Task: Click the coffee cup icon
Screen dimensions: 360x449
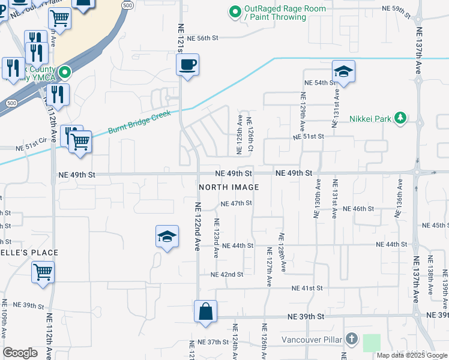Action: pyautogui.click(x=188, y=64)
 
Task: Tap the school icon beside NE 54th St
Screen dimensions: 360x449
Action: pyautogui.click(x=343, y=71)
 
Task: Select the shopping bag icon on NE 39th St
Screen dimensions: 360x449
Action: pyautogui.click(x=205, y=311)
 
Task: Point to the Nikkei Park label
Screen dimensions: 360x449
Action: pyautogui.click(x=370, y=118)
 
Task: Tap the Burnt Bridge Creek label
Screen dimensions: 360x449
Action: pyautogui.click(x=139, y=122)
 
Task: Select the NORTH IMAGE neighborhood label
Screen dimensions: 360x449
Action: pyautogui.click(x=229, y=187)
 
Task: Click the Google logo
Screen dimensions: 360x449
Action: pyautogui.click(x=20, y=353)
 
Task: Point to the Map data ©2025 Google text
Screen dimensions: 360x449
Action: pyautogui.click(x=411, y=355)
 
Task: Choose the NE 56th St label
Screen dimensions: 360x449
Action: pyautogui.click(x=201, y=38)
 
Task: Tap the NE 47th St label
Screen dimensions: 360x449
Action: pyautogui.click(x=236, y=203)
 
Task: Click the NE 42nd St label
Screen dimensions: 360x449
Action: pyautogui.click(x=227, y=274)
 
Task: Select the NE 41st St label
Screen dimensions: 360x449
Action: pyautogui.click(x=307, y=288)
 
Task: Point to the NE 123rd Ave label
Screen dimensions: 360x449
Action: pyautogui.click(x=216, y=238)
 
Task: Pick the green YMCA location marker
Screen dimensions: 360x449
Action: pyautogui.click(x=67, y=73)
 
